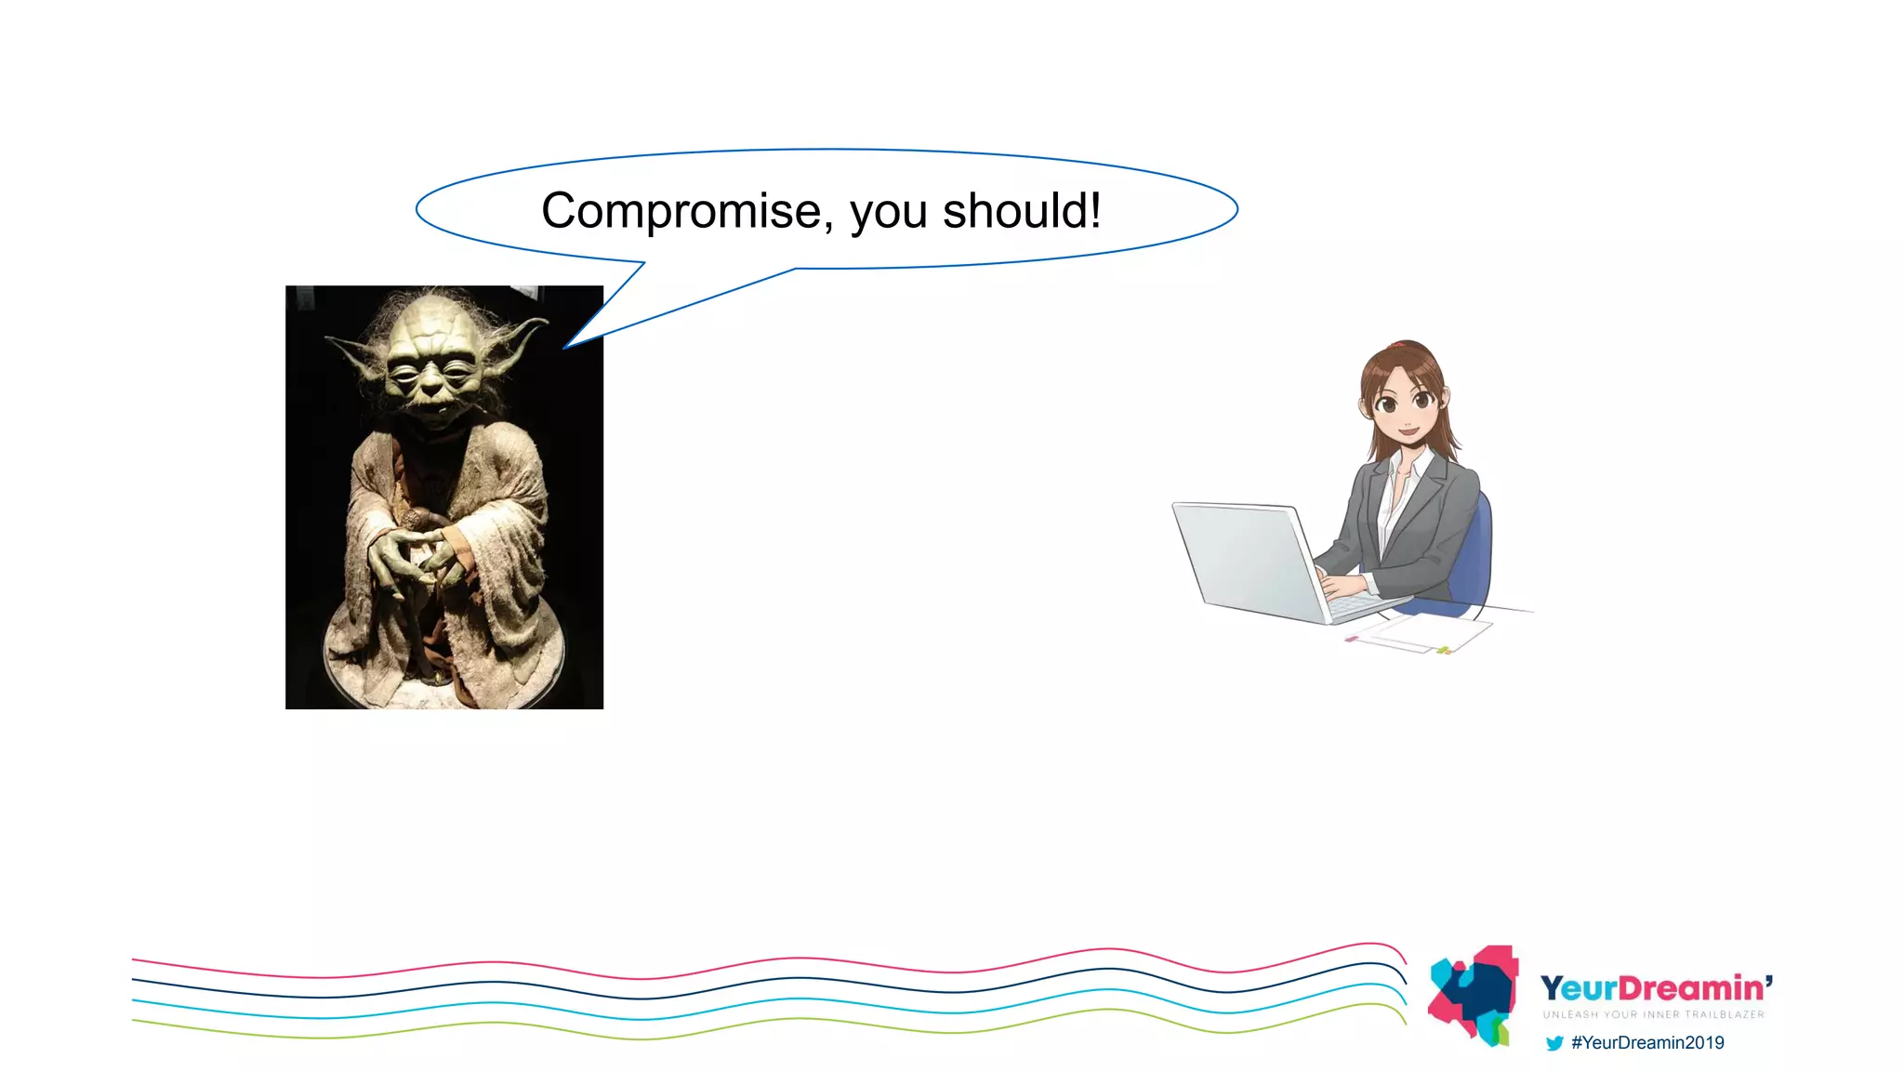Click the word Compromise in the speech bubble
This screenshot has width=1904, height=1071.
coord(681,211)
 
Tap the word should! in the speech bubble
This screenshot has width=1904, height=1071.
coord(1022,211)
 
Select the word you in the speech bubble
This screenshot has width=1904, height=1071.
coord(889,214)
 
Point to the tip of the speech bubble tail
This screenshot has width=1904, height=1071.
coord(565,348)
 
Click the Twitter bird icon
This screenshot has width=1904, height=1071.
coord(1554,1043)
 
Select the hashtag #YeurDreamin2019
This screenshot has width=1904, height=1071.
coord(1647,1043)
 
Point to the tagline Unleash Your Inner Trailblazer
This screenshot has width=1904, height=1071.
coord(1653,1014)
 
